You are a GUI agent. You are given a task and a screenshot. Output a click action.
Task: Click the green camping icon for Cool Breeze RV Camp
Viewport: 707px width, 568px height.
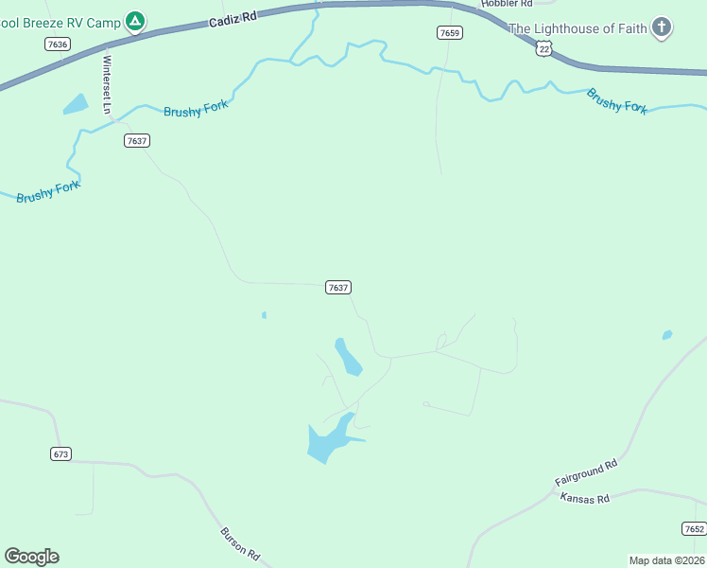[135, 21]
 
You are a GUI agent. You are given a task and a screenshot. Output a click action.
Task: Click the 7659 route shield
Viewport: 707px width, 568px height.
[450, 33]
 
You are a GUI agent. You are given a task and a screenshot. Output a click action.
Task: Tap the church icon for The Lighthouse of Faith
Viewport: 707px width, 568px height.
[662, 28]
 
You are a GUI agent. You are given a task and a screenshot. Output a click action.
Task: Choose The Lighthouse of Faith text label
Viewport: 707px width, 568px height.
[578, 28]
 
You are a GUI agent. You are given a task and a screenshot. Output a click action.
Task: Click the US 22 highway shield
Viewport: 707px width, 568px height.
[542, 48]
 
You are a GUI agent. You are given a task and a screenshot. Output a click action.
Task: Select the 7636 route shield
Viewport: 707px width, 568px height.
[57, 44]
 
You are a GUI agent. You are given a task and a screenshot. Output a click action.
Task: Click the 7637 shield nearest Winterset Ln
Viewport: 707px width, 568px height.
[137, 141]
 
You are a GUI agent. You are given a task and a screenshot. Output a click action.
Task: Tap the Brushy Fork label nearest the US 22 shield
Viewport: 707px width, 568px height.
[616, 100]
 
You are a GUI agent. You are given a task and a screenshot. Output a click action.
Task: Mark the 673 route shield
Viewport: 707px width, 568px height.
[60, 454]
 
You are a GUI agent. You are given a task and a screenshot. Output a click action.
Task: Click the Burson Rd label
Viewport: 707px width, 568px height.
[240, 541]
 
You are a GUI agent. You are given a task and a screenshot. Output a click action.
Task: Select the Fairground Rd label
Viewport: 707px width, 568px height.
[586, 473]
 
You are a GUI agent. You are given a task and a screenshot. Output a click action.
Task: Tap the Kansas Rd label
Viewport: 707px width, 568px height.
[585, 499]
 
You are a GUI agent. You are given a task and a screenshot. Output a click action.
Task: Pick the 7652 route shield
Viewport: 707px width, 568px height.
[694, 528]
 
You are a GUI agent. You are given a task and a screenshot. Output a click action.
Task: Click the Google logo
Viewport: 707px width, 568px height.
[31, 557]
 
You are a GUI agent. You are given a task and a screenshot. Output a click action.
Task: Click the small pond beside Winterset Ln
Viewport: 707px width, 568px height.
[76, 104]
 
